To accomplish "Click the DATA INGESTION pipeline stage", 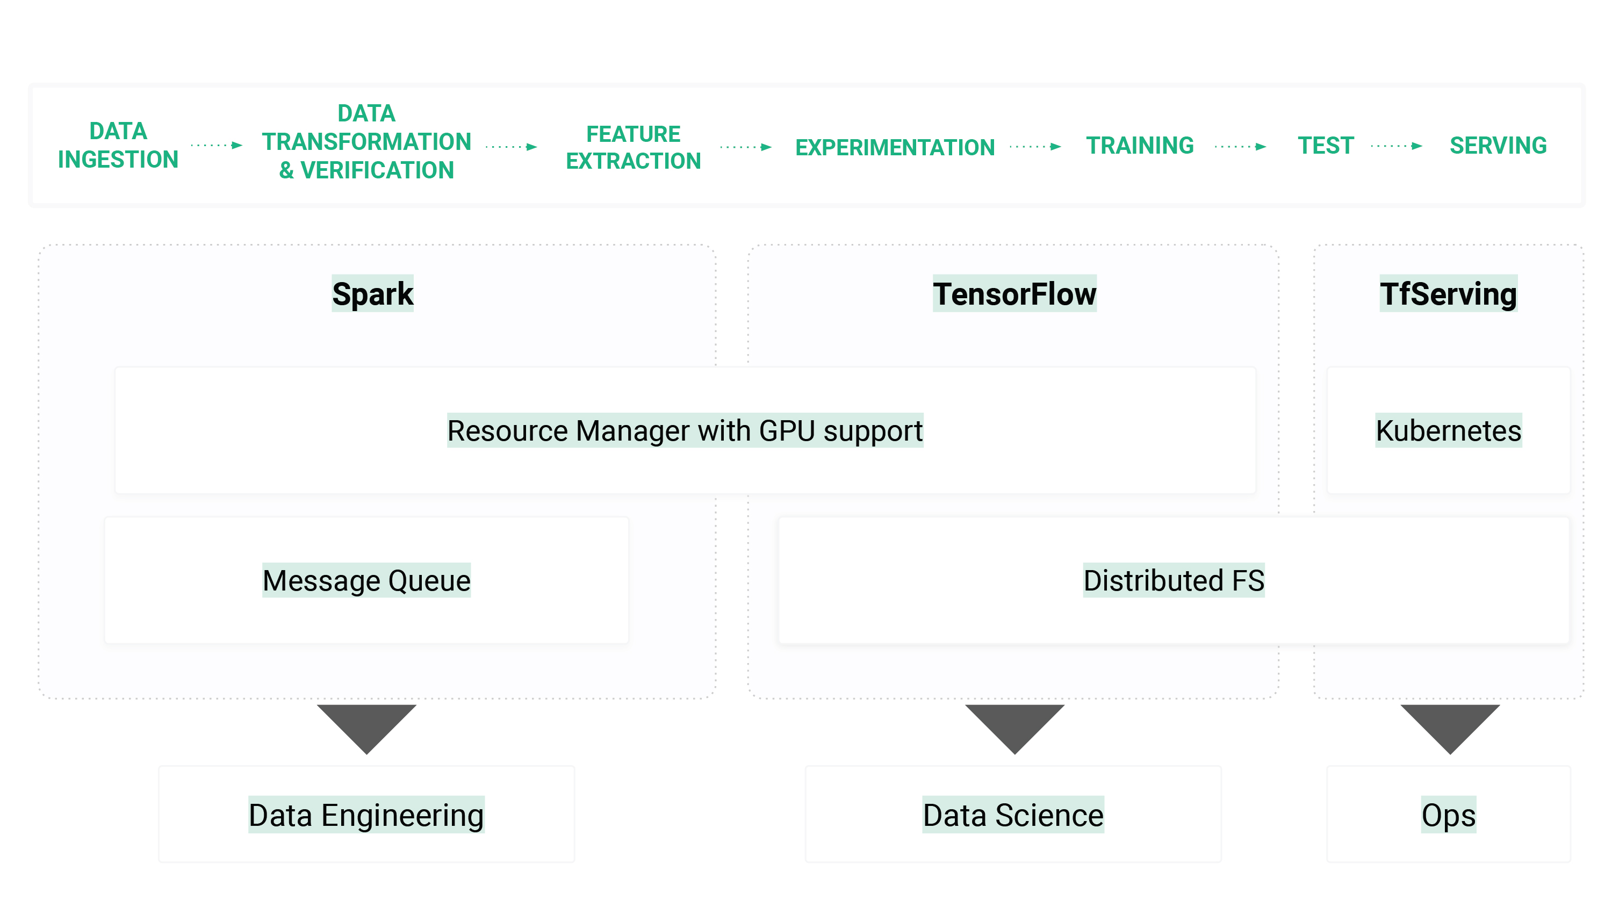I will [x=118, y=145].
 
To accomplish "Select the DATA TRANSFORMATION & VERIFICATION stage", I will [x=366, y=142].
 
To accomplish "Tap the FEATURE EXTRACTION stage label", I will [x=634, y=148].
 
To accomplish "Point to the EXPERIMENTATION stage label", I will [x=895, y=148].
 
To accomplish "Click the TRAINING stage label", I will [x=1140, y=146].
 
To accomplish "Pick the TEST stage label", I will [x=1326, y=146].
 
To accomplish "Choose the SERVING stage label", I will [x=1498, y=146].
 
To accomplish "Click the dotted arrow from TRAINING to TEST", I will [x=1240, y=147].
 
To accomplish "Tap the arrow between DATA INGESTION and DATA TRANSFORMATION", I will [x=217, y=146].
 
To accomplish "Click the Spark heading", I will [x=372, y=293].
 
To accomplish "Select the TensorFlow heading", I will [x=1014, y=293].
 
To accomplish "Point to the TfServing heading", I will [x=1448, y=293].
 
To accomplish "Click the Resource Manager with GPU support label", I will [x=685, y=430].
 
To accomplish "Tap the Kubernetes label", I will [x=1448, y=430].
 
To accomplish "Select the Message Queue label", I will [x=366, y=580].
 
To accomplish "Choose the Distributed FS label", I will [x=1174, y=580].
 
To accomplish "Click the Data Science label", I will [x=1013, y=815].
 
